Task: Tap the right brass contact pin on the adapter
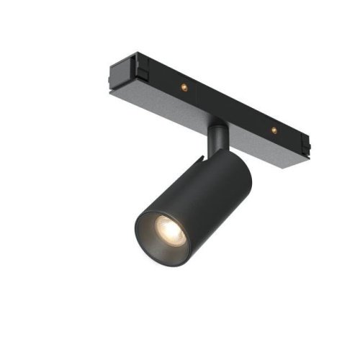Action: (x=273, y=130)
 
